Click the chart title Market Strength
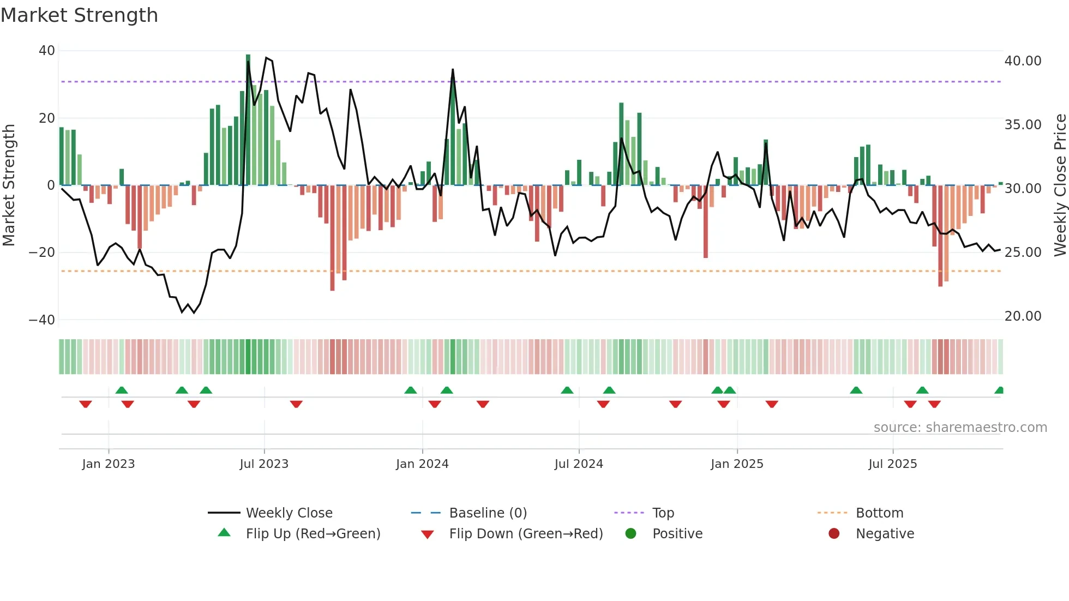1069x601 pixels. (79, 15)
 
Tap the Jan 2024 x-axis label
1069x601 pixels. (422, 464)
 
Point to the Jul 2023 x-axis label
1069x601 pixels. (264, 464)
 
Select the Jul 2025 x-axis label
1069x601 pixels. (893, 464)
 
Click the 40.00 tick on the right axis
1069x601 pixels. (1023, 61)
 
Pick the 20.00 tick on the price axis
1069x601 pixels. (1023, 316)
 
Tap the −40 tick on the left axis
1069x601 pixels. (42, 320)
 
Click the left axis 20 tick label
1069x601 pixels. (47, 118)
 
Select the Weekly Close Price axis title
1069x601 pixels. (1060, 185)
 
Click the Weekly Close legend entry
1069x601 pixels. (289, 513)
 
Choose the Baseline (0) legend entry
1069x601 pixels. (488, 513)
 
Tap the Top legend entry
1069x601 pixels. (663, 513)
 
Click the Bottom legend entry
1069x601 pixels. (879, 513)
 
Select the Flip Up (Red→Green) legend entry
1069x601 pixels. (313, 534)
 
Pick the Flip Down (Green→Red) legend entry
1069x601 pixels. (526, 534)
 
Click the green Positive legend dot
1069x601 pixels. (631, 534)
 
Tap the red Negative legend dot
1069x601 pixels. (834, 534)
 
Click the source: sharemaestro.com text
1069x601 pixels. (960, 428)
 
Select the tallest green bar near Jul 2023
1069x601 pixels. (248, 120)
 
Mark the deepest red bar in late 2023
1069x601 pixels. (332, 238)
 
